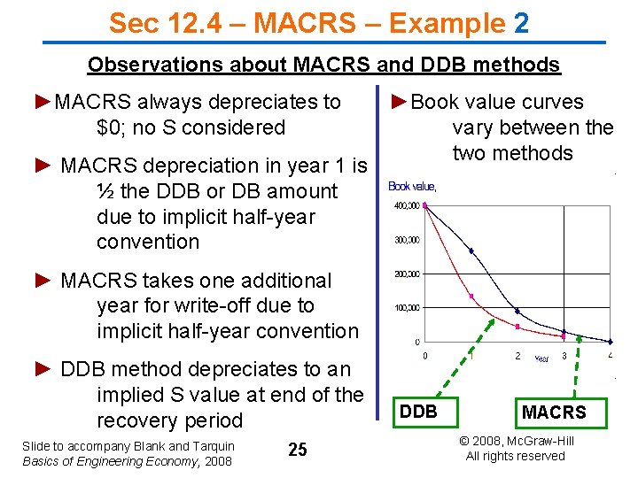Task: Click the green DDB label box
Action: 418,411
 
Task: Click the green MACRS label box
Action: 554,412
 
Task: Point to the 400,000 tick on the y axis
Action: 408,206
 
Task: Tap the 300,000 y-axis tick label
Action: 408,240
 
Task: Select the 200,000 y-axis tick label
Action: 408,274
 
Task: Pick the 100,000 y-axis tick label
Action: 408,308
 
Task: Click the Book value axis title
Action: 412,187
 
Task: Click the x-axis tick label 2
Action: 517,356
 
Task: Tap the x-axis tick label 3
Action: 564,356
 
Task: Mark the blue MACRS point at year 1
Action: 471,251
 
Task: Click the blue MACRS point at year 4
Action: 611,342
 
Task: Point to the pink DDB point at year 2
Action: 517,326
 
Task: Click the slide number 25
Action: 298,450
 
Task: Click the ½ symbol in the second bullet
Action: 106,191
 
